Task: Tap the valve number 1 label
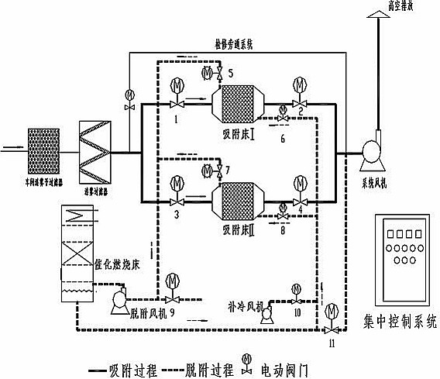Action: click(177, 120)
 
